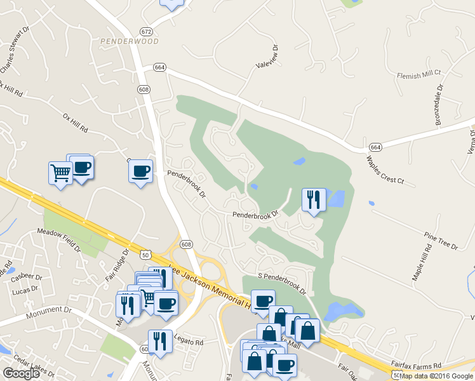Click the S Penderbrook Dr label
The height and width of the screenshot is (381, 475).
(x=282, y=283)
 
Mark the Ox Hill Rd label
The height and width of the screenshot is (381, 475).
(x=75, y=123)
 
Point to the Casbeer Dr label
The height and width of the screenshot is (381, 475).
(x=30, y=277)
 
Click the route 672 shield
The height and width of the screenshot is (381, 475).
(x=147, y=31)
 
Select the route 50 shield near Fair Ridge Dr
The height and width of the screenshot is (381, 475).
(x=146, y=254)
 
